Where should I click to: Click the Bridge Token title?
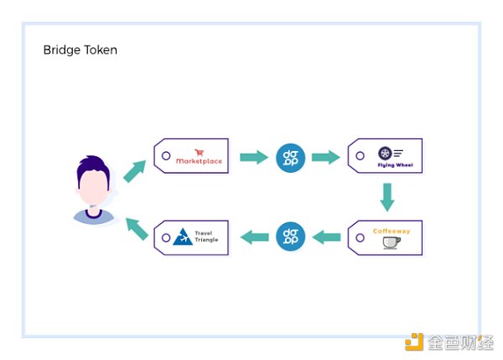click(80, 50)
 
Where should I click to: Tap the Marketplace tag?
click(191, 156)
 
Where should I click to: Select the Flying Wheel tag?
click(386, 157)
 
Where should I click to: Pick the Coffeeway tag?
click(386, 237)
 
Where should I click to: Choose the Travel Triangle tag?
click(191, 237)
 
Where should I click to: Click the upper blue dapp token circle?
click(289, 157)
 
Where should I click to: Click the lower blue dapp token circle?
click(289, 237)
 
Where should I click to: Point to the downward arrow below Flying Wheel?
click(386, 197)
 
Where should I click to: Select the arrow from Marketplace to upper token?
click(252, 157)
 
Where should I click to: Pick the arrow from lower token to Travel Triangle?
click(253, 237)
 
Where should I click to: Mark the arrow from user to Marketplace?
click(134, 170)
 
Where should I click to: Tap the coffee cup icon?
click(392, 243)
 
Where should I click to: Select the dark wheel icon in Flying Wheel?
click(385, 153)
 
